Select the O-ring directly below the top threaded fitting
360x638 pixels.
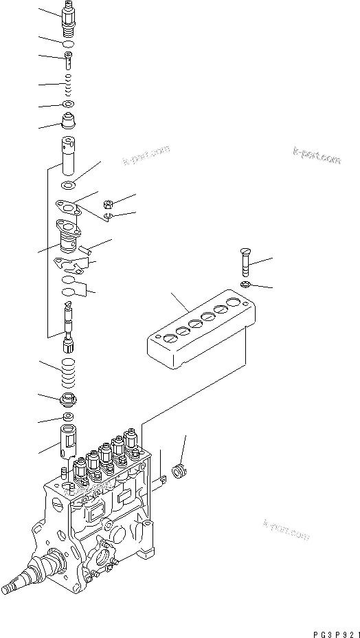click(x=69, y=45)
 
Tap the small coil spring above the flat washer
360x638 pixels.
click(x=69, y=87)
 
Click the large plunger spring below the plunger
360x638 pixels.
click(x=69, y=372)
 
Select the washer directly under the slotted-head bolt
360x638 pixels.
click(x=246, y=284)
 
